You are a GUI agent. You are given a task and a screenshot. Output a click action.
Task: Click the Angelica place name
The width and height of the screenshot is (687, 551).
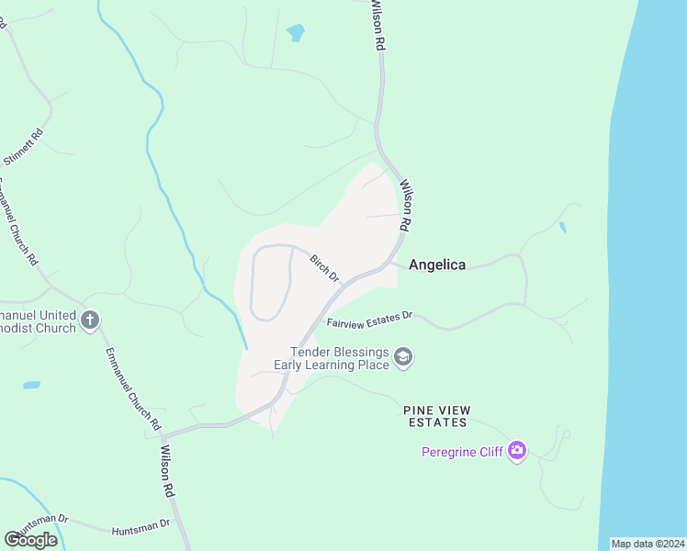pos(436,264)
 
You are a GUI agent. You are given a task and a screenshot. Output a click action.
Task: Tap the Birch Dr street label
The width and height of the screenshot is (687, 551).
pos(324,268)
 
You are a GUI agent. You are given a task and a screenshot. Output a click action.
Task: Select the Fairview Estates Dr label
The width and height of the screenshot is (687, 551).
pos(370,320)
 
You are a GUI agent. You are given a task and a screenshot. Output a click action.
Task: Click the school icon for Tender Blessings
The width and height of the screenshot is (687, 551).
pos(403,357)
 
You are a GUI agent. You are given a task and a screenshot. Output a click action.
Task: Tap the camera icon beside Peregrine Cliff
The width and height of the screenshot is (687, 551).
pos(517,451)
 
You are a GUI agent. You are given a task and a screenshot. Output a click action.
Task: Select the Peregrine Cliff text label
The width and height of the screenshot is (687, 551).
pos(464,452)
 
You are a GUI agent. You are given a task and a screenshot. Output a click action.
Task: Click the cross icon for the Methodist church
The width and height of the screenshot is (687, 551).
pos(90,320)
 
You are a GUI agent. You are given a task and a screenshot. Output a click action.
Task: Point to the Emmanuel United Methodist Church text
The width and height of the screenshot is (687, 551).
pos(37,320)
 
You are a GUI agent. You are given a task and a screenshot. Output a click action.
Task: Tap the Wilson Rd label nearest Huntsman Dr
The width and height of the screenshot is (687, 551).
pos(168,471)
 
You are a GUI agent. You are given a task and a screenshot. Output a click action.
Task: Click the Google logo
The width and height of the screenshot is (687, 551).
pos(30,539)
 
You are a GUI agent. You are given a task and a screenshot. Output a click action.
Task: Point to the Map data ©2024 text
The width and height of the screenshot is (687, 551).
pos(647,544)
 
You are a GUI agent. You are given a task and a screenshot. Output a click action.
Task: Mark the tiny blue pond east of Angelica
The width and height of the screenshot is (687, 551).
pos(562,227)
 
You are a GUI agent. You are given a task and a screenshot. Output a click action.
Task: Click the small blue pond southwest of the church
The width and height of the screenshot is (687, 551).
pos(31,385)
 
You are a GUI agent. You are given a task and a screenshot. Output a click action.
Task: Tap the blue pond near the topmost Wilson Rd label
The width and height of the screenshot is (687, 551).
pos(295,33)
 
